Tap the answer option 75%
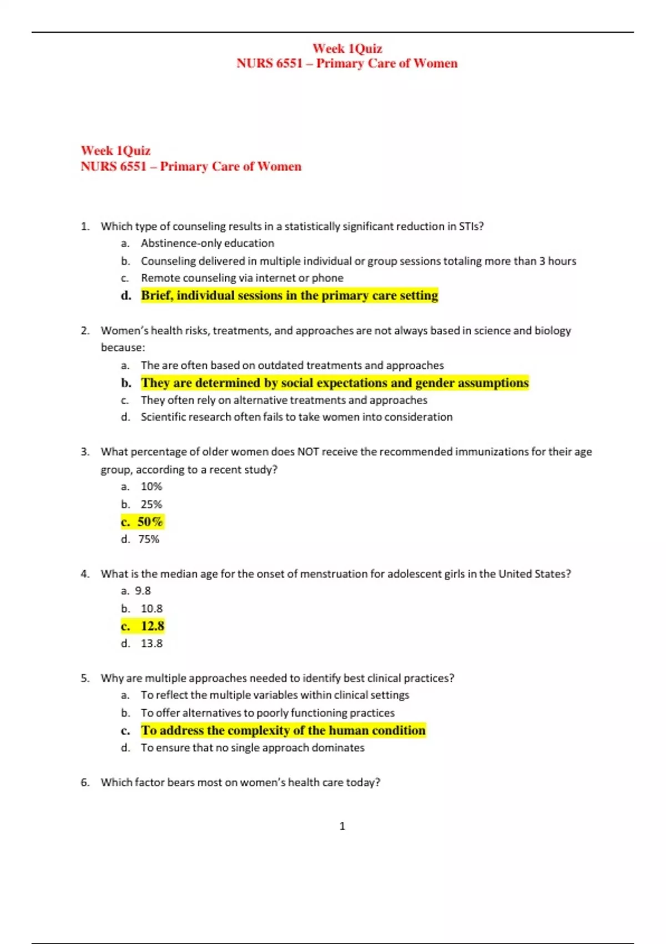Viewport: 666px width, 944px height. (149, 539)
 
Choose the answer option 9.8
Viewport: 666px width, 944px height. (143, 591)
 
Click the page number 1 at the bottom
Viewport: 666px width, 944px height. (342, 826)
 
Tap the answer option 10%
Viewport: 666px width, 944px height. (151, 486)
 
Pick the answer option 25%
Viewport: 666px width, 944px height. (151, 504)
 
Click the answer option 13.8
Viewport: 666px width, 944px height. (152, 644)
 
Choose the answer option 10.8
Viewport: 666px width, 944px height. (152, 609)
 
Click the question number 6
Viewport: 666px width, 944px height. (84, 782)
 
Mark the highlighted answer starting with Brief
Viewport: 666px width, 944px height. (289, 295)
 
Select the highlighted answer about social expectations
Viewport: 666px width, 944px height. (335, 383)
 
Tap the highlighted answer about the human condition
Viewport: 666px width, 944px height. (283, 731)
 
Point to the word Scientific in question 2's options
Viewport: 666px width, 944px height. (164, 417)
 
